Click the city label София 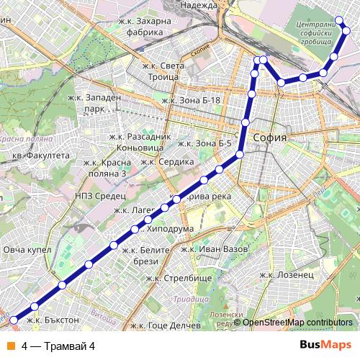click(271, 138)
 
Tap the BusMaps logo click(325, 346)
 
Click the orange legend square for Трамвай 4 click(11, 346)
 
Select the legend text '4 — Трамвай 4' click(58, 346)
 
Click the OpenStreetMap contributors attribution click(297, 323)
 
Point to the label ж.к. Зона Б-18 click(191, 100)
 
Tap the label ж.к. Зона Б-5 click(204, 143)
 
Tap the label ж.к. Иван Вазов click(213, 249)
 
